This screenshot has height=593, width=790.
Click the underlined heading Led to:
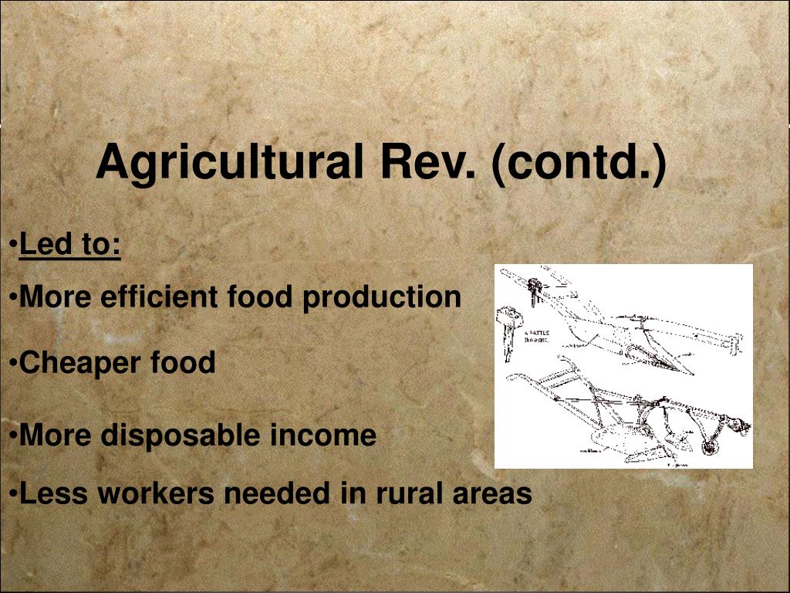[x=70, y=245]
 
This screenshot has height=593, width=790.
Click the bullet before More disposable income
[x=15, y=436]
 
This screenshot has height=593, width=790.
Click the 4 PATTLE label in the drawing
[x=537, y=335]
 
